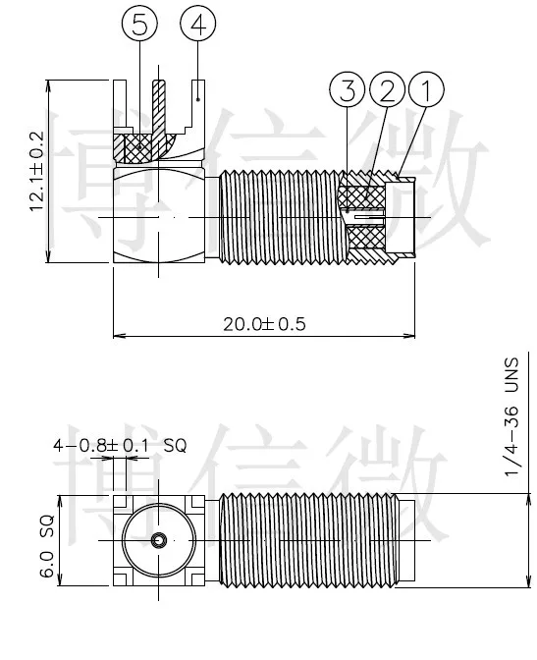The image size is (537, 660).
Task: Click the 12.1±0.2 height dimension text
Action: tap(36, 171)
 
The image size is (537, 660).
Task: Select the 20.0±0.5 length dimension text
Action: tap(264, 324)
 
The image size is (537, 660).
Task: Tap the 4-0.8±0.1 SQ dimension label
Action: tap(120, 445)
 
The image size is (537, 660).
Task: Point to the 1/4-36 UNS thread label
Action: tap(512, 416)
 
